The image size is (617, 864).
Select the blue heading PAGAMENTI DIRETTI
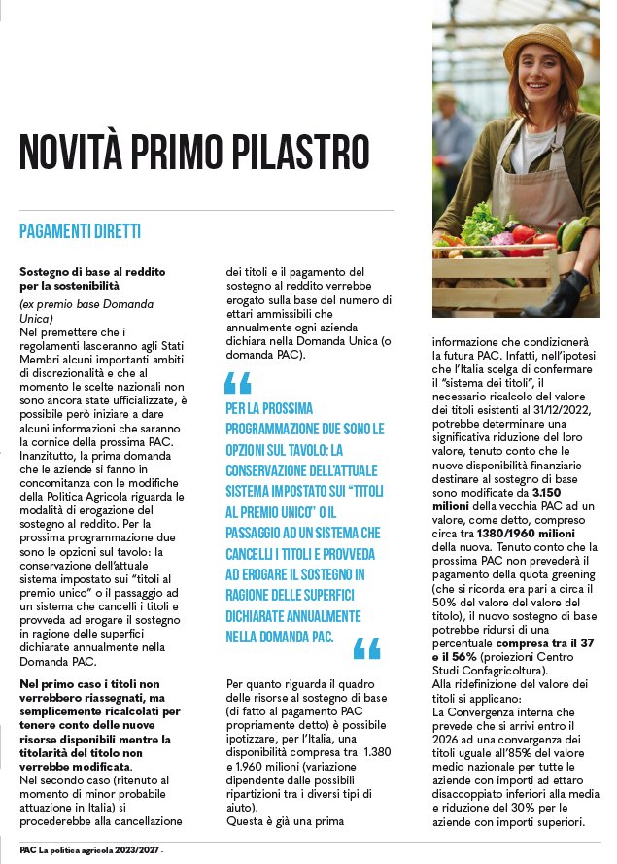[80, 231]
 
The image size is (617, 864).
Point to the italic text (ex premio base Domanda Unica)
[86, 311]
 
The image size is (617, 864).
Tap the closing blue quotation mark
[367, 648]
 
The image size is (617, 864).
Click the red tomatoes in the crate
[526, 235]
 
